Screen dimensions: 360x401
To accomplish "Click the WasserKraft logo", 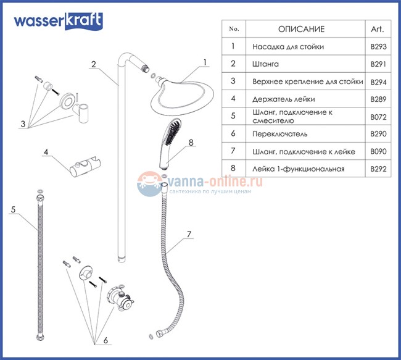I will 59,22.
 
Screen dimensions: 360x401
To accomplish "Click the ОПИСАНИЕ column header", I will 301,29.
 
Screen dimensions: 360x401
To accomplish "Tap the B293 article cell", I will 378,47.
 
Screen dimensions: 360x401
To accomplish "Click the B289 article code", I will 378,98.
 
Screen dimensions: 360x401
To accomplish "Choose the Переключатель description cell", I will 281,133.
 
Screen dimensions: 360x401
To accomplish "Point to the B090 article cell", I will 378,151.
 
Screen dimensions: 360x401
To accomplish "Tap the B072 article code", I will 378,115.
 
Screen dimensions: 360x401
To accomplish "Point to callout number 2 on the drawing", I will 93,64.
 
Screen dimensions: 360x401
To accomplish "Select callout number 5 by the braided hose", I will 13,209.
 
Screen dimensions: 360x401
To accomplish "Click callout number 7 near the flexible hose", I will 189,235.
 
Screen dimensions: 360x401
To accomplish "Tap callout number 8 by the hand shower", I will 191,143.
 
